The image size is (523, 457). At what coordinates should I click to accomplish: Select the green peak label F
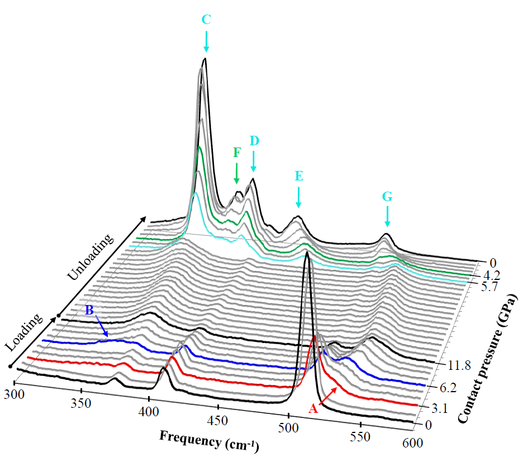coord(236,153)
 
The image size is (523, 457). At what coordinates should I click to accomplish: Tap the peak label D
coord(254,141)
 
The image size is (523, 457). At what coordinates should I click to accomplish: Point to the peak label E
coord(299,177)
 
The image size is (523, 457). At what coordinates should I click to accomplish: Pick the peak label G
coord(387,196)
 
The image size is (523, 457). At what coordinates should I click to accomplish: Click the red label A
coord(313,410)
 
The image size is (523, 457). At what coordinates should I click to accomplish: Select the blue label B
coord(89,310)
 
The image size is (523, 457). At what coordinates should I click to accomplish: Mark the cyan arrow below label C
coord(206,41)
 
